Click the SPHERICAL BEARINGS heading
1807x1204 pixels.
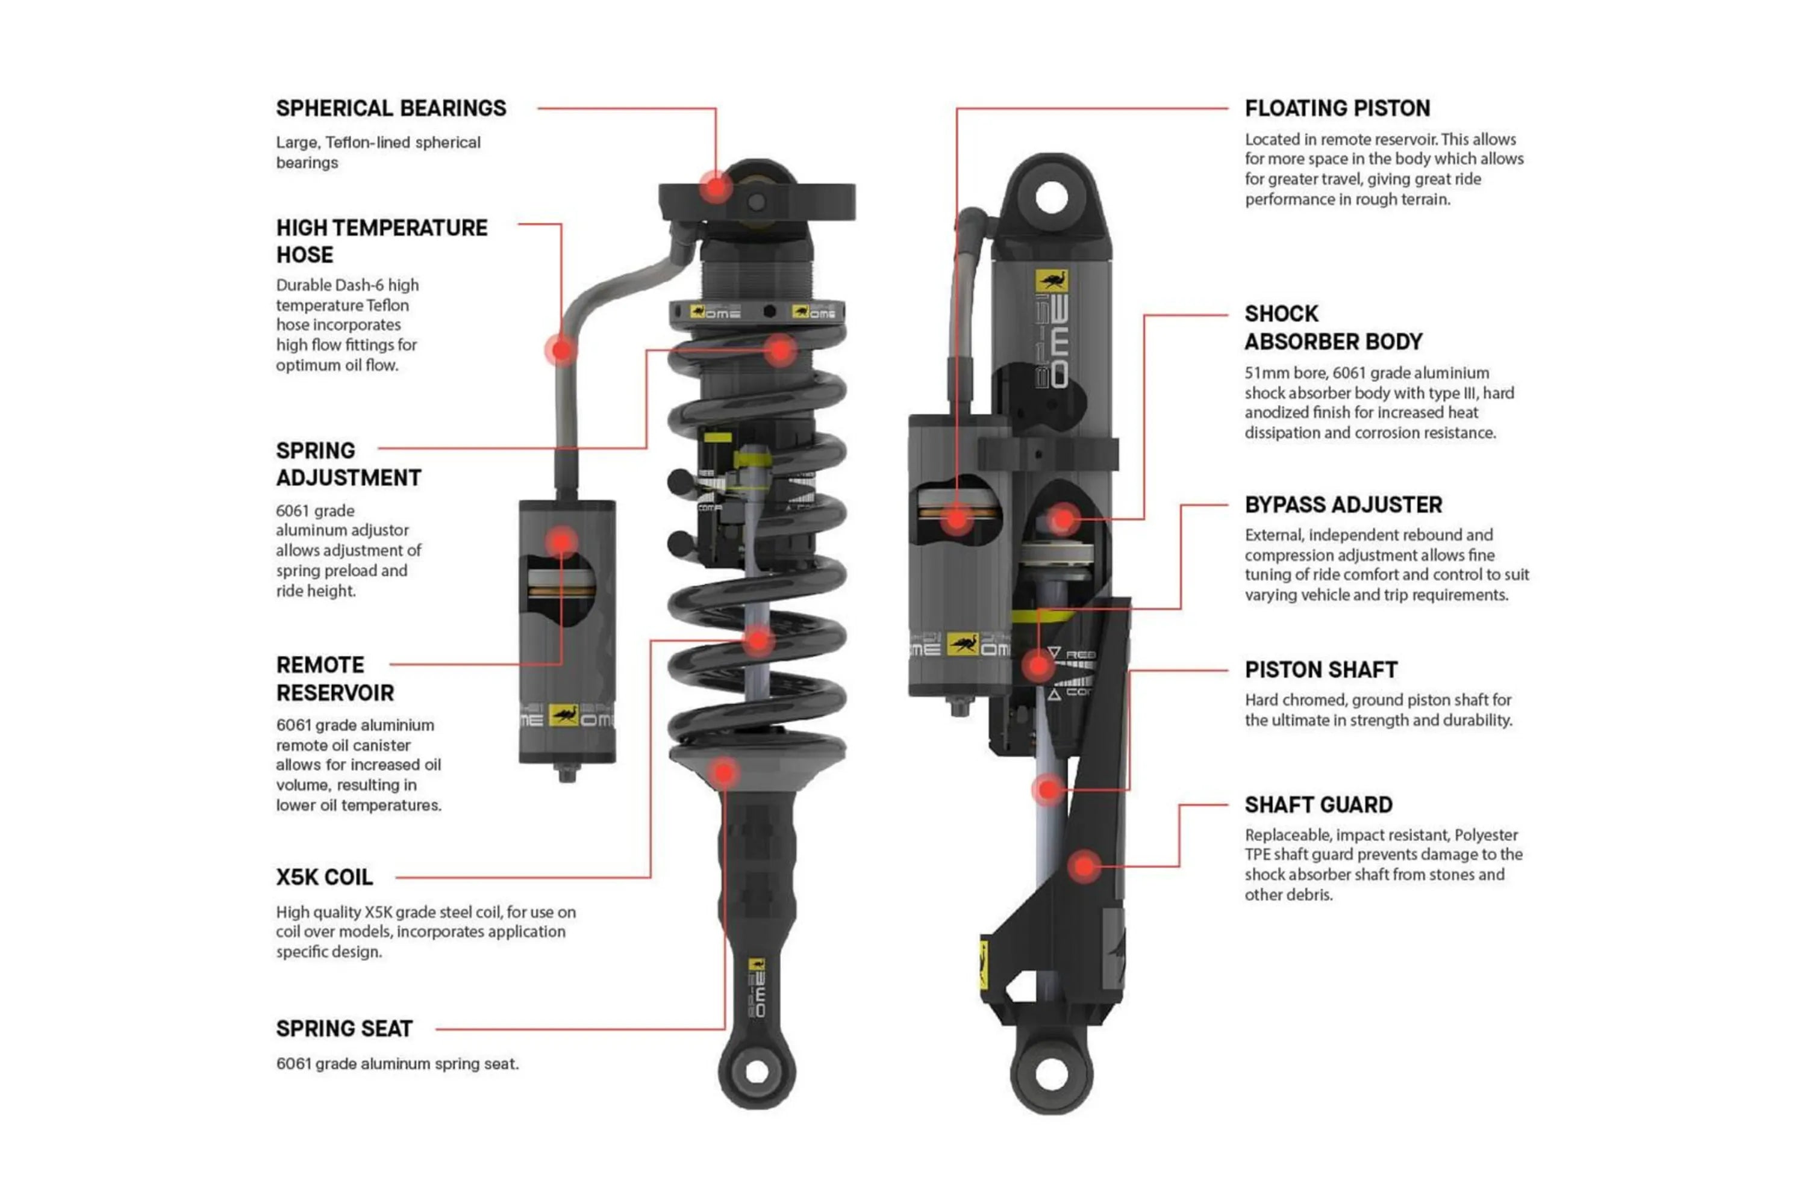pyautogui.click(x=391, y=108)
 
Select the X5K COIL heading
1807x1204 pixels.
pyautogui.click(x=324, y=877)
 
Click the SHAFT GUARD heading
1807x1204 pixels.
pyautogui.click(x=1319, y=805)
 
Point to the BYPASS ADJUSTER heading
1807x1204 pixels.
pyautogui.click(x=1343, y=504)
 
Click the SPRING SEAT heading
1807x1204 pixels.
pyautogui.click(x=344, y=1028)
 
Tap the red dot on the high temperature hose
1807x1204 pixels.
pyautogui.click(x=561, y=350)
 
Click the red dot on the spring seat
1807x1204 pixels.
pyautogui.click(x=723, y=773)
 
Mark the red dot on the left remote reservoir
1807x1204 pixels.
pyautogui.click(x=561, y=541)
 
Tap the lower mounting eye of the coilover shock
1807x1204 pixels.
pyautogui.click(x=757, y=1073)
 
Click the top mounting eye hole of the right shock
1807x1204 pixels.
pyautogui.click(x=1051, y=197)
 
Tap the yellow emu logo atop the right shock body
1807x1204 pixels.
pyautogui.click(x=1051, y=281)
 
